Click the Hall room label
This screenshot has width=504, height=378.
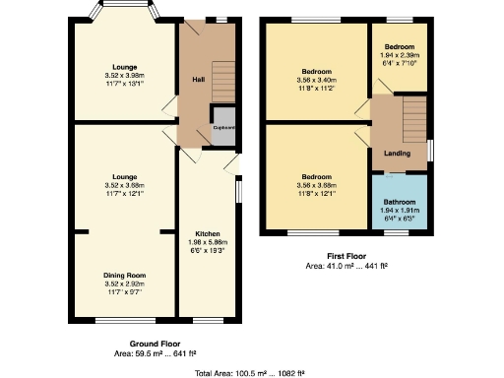pos(197,79)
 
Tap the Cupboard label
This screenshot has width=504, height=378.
pos(221,126)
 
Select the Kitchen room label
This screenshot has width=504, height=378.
pos(206,233)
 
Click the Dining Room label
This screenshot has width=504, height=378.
pos(124,275)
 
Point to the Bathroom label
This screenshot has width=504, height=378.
pos(399,201)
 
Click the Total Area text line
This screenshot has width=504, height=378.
pos(251,372)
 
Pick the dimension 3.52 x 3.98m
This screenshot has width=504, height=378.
pos(124,75)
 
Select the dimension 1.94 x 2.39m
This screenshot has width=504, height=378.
pos(399,55)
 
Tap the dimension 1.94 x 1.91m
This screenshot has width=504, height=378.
pos(399,209)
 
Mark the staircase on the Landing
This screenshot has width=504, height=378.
pos(413,118)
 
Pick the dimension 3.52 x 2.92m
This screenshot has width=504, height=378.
pos(124,283)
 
